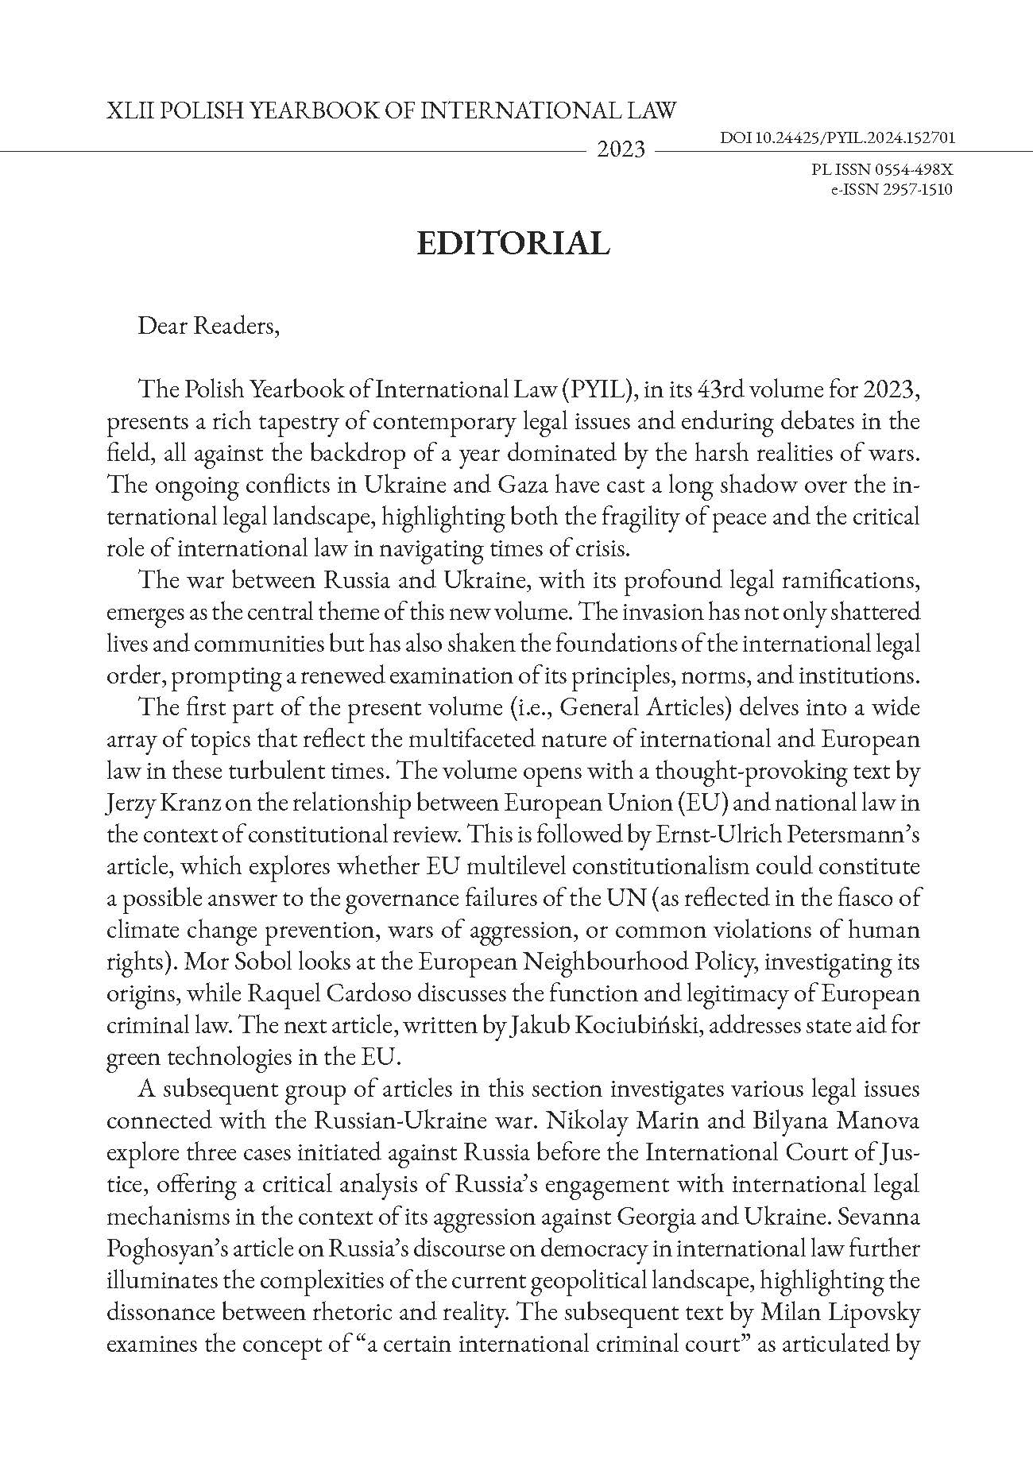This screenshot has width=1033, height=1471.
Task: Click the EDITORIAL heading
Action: click(513, 243)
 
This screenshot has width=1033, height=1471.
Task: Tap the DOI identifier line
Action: click(837, 137)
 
